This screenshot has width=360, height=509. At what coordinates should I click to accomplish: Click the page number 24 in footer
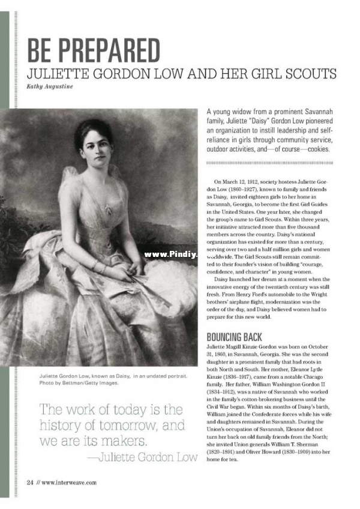pos(29,482)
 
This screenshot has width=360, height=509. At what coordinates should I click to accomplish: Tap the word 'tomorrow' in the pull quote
pos(120,426)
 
